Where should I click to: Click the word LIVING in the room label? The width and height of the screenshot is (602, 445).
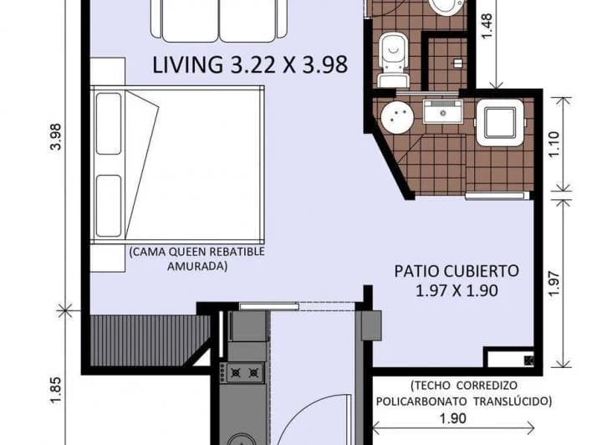coord(186,65)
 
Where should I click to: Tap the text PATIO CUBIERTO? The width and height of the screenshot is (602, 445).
coord(457,271)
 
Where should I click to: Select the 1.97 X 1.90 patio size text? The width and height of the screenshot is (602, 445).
coord(457,291)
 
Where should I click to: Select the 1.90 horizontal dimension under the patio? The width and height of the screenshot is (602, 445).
coord(452,419)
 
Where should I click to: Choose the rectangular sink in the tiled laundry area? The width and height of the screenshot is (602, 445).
coord(442,111)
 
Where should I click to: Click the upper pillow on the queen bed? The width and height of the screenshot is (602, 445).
coord(109,124)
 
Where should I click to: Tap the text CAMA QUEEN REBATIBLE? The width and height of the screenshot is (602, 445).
coord(196,251)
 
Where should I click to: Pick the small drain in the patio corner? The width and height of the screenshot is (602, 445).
coord(527,361)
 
